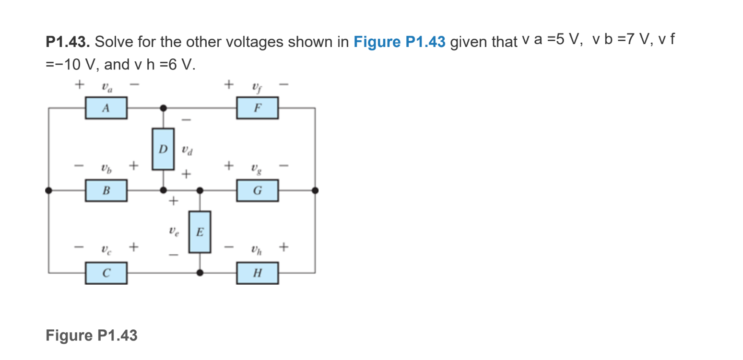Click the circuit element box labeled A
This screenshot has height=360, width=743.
point(106,108)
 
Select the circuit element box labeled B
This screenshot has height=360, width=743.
point(106,191)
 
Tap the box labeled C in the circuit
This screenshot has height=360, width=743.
point(106,273)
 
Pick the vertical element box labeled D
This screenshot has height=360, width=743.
point(163,149)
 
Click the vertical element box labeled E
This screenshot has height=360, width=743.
point(200,232)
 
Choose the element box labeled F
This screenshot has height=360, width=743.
point(258,108)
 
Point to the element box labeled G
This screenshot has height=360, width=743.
point(258,191)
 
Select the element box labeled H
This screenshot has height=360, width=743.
point(258,273)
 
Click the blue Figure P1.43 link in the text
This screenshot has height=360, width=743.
point(399,42)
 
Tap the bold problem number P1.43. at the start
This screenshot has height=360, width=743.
point(68,42)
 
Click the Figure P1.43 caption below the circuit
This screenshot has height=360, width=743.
point(92,335)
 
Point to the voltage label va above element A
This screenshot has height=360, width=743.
point(106,87)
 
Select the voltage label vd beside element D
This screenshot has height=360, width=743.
point(188,150)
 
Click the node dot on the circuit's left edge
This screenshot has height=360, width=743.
point(48,190)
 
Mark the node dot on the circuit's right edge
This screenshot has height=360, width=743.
point(315,190)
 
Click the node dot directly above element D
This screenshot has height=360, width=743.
point(164,108)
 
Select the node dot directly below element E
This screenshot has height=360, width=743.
point(200,273)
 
